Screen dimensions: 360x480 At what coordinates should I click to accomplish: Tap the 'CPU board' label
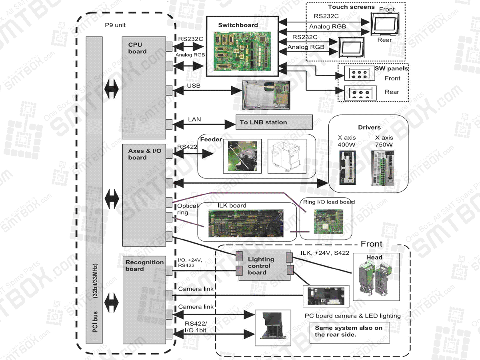pyautogui.click(x=137, y=48)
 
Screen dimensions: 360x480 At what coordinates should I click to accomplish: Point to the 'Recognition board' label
pyautogui.click(x=144, y=266)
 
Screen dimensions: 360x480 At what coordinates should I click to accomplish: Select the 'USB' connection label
pyautogui.click(x=194, y=86)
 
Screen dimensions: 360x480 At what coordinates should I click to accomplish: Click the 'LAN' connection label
pyautogui.click(x=194, y=119)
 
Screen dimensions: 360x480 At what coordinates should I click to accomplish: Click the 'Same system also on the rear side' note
pyautogui.click(x=349, y=331)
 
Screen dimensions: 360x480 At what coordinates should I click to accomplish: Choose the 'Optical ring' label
pyautogui.click(x=187, y=209)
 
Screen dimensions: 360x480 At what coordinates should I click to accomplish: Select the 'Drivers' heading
pyautogui.click(x=369, y=127)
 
